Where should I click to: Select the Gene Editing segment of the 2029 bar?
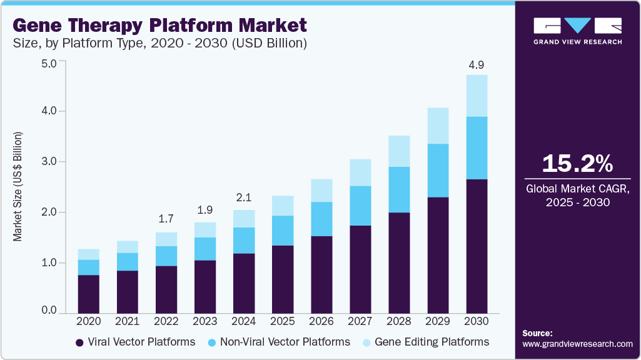coord(438,126)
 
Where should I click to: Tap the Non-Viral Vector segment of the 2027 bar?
coord(360,206)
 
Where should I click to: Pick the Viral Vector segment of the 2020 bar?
coord(89,293)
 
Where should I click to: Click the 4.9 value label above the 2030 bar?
coord(477,65)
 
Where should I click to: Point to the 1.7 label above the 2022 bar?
coord(166,220)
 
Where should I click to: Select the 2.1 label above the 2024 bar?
coord(244,198)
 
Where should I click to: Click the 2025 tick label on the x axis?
coord(283,321)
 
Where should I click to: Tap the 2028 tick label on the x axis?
coord(399,321)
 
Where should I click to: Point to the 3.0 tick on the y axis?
coord(48,162)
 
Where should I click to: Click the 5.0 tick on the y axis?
coord(48,63)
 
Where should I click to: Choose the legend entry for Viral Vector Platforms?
coord(135,342)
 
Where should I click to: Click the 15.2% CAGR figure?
coord(577,164)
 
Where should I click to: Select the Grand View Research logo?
coord(577,30)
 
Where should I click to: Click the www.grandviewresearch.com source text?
coord(577,344)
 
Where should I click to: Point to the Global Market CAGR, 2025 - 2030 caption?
coord(577,195)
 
